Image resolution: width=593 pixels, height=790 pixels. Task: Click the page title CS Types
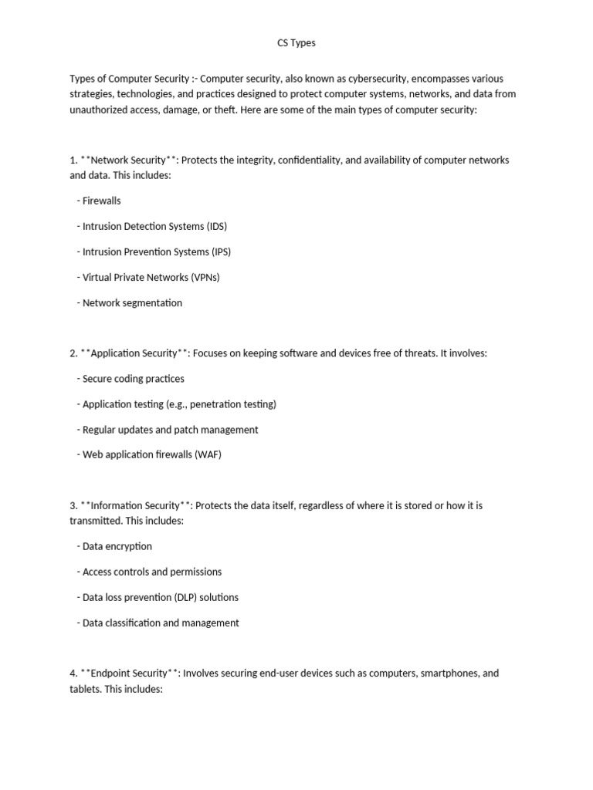click(296, 43)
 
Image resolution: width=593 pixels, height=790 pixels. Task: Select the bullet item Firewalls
click(101, 201)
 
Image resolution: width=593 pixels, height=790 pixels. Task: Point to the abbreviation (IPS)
click(220, 252)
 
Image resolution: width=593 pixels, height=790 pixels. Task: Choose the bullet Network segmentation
click(132, 302)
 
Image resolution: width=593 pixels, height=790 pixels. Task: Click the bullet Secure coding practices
click(133, 379)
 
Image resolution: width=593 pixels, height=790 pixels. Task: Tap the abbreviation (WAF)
click(208, 454)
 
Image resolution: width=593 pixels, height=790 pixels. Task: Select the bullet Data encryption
click(117, 546)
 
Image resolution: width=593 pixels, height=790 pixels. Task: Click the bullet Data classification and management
click(161, 623)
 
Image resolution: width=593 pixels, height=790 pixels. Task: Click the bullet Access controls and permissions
click(151, 572)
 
